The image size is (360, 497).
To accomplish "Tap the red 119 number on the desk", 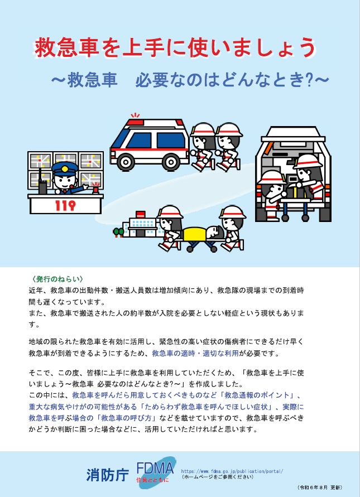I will point(65,206).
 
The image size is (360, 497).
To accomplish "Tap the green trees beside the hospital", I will point(118,231).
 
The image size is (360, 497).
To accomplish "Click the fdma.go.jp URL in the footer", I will point(236,471).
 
